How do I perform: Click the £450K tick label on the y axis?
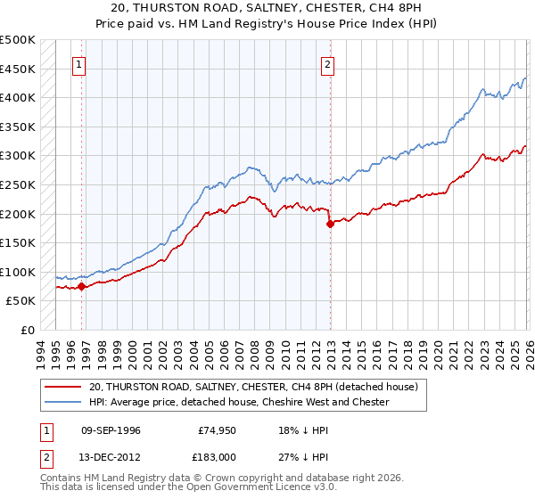click(18, 69)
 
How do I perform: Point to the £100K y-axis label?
click(18, 272)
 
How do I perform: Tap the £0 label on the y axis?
click(28, 330)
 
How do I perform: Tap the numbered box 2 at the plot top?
click(328, 64)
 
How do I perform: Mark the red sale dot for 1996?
click(81, 287)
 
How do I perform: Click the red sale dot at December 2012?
click(330, 224)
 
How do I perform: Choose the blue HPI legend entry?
click(239, 402)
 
